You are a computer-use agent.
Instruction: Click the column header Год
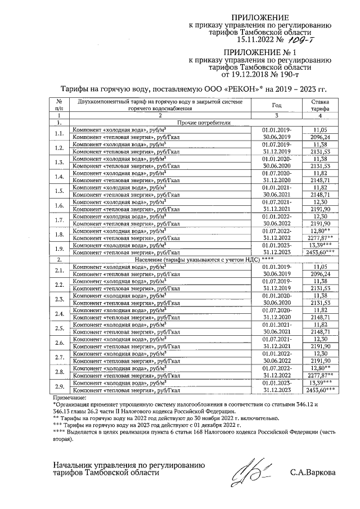pos(276,105)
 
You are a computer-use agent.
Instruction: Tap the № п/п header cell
pos(59,105)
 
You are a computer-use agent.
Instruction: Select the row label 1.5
pos(59,191)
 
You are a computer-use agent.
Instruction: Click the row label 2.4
pos(59,313)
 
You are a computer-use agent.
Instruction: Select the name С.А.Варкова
pos(313,472)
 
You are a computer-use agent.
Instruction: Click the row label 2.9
pos(59,385)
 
